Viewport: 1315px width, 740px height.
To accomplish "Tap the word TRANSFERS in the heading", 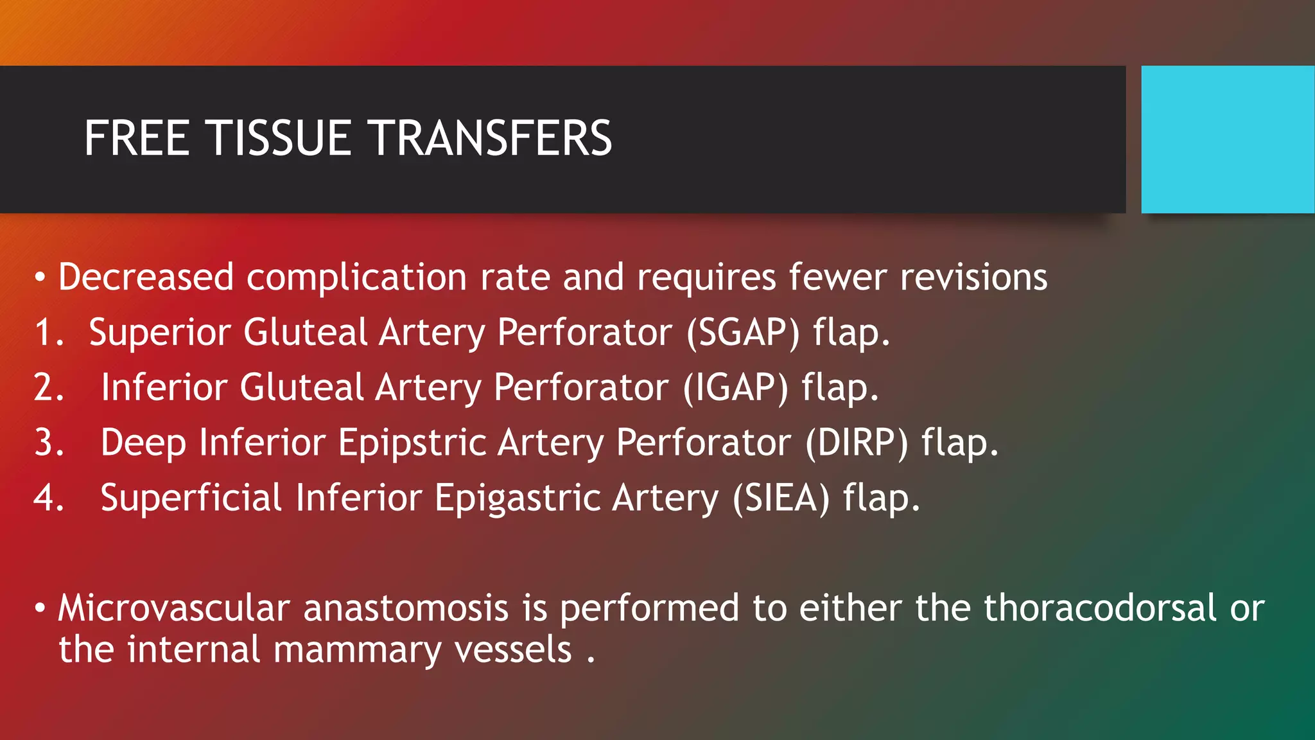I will [492, 138].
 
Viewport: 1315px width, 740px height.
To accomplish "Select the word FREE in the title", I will [136, 138].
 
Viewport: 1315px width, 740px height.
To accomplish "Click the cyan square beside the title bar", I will [1227, 139].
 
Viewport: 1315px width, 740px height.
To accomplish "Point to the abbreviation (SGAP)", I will [743, 333].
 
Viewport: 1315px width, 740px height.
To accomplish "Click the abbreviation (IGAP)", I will [735, 388].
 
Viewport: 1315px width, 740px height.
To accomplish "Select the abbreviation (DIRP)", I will [857, 443].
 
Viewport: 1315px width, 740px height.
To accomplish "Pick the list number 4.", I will [48, 498].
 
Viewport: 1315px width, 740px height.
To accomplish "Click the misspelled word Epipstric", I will [412, 443].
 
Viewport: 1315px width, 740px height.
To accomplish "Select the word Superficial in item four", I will [191, 498].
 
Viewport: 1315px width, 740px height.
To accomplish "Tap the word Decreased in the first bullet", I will [146, 277].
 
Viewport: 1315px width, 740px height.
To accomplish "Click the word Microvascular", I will [174, 608].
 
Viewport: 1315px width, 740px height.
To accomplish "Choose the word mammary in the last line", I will [357, 650].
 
